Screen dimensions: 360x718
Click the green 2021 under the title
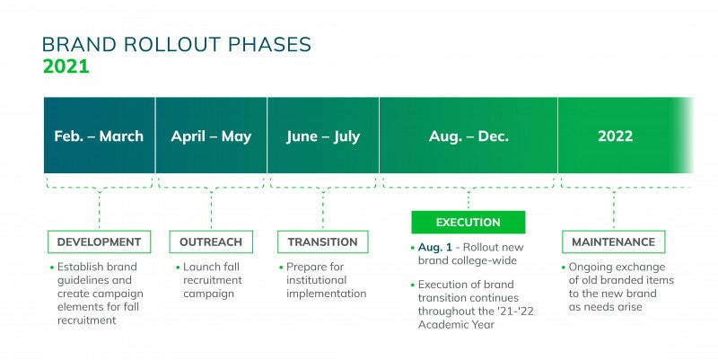click(66, 66)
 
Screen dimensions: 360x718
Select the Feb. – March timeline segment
click(99, 136)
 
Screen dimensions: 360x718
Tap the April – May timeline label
click(211, 136)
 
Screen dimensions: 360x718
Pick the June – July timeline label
click(323, 136)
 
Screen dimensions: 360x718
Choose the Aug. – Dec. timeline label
click(468, 136)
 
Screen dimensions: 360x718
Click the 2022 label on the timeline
click(615, 136)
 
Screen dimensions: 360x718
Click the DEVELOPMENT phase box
click(99, 241)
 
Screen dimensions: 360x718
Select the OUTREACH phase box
click(211, 241)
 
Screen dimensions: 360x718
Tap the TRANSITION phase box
click(322, 241)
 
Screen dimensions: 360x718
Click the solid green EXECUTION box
click(468, 223)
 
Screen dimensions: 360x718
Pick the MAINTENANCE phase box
click(614, 241)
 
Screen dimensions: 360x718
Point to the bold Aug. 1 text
click(436, 247)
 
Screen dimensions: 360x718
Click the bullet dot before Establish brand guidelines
click(52, 267)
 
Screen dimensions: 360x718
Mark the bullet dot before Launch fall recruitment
click(177, 267)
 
